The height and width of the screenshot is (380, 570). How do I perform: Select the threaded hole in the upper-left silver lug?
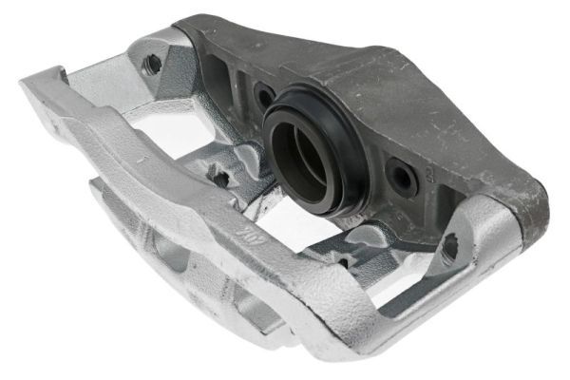[152, 65]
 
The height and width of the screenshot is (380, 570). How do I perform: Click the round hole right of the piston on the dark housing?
[401, 176]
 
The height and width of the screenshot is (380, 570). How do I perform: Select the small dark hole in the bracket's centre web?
[221, 177]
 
